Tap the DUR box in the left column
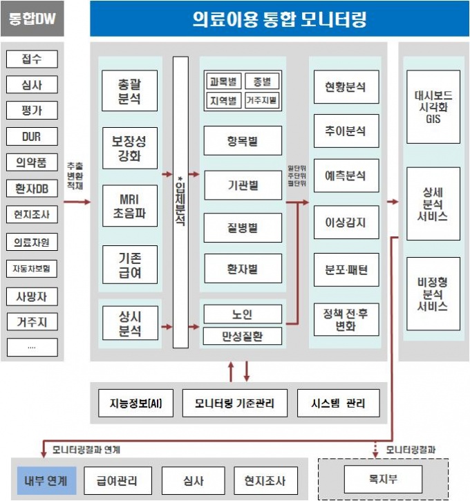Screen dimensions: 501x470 click(x=32, y=136)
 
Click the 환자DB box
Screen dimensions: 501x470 click(x=32, y=188)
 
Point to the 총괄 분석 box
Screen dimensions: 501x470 click(x=130, y=91)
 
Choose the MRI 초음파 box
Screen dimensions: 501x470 click(x=130, y=205)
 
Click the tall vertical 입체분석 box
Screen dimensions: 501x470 click(x=180, y=202)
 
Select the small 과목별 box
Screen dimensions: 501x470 click(x=222, y=82)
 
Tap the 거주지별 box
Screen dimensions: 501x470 click(x=262, y=100)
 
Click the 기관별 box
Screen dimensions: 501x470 click(x=243, y=185)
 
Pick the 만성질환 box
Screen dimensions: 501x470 click(x=243, y=337)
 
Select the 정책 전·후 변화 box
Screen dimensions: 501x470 click(x=346, y=319)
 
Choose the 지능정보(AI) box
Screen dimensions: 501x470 click(x=131, y=403)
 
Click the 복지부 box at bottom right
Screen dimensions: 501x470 click(x=382, y=478)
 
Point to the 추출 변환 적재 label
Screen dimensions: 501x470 click(x=75, y=176)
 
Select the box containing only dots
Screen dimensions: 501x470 click(x=32, y=347)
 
